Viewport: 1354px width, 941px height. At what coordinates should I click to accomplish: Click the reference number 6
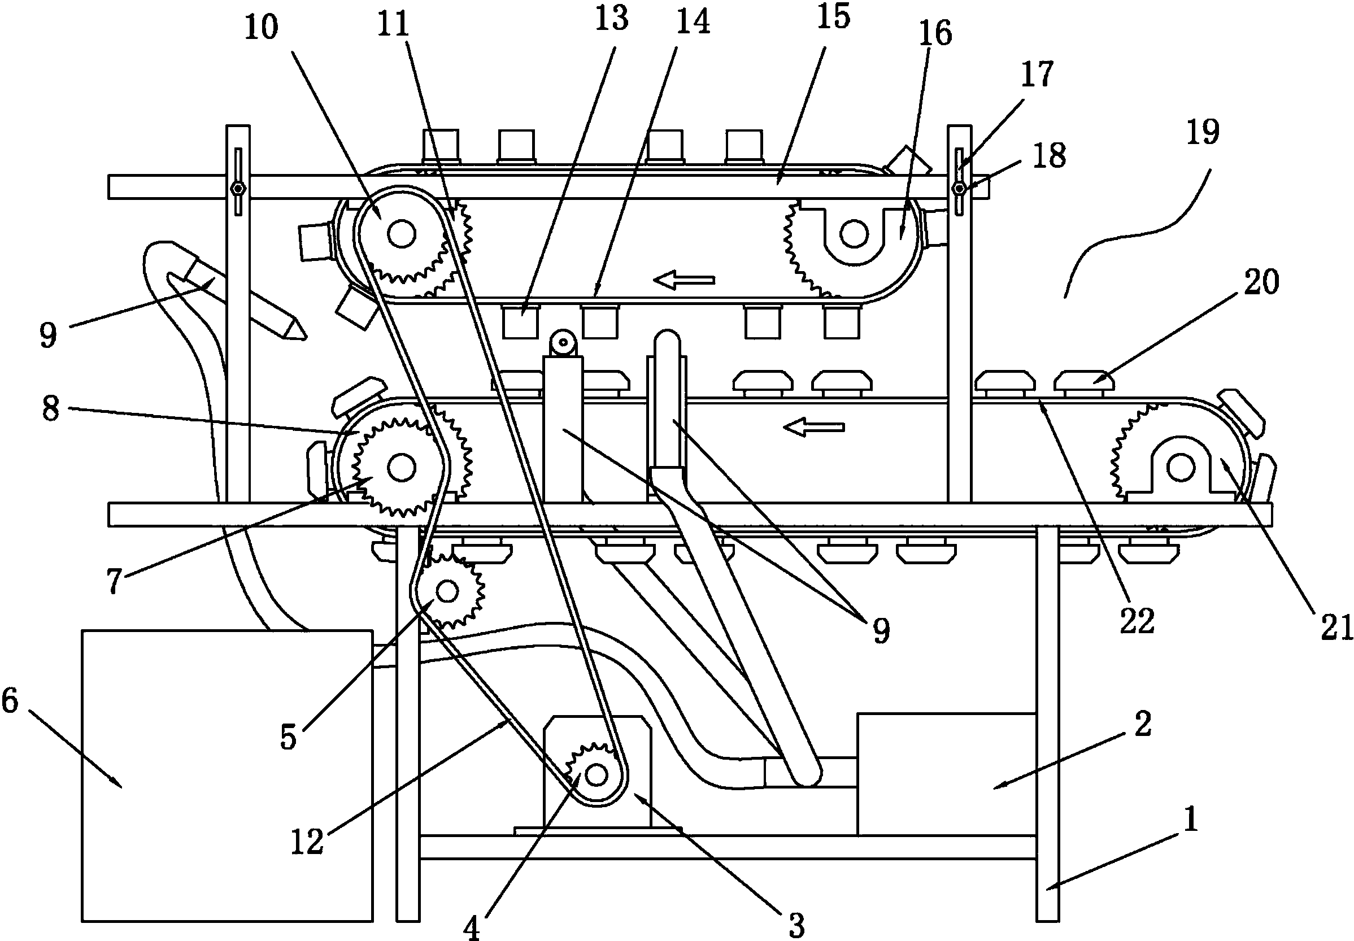pyautogui.click(x=11, y=701)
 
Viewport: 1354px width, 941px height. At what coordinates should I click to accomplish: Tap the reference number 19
pyautogui.click(x=1202, y=132)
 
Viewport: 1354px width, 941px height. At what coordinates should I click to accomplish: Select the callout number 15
pyautogui.click(x=834, y=16)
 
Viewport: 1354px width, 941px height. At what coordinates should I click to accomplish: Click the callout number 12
pyautogui.click(x=307, y=842)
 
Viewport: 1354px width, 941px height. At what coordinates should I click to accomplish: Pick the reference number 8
pyautogui.click(x=51, y=408)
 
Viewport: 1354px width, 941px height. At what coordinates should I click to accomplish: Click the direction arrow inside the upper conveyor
pyautogui.click(x=685, y=280)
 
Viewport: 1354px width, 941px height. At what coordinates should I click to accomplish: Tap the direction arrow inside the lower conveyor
pyautogui.click(x=814, y=427)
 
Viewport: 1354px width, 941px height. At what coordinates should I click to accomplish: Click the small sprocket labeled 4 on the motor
pyautogui.click(x=595, y=774)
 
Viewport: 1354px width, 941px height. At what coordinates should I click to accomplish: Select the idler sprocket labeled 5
pyautogui.click(x=447, y=590)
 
